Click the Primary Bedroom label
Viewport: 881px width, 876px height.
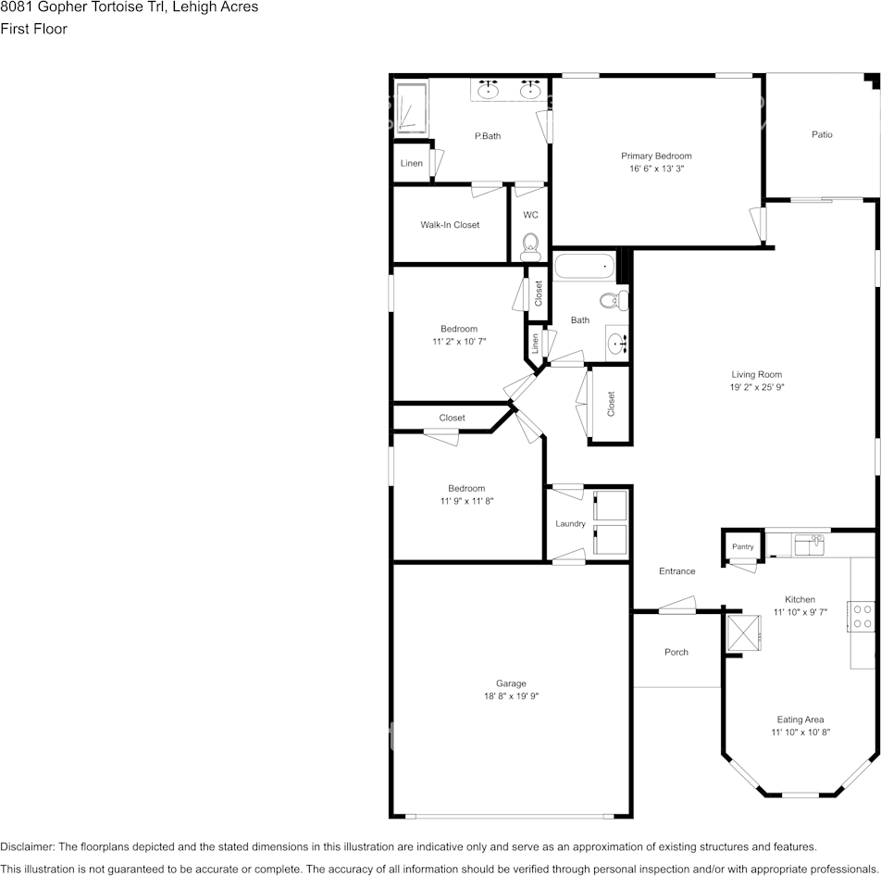656,156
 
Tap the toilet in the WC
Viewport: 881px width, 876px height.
530,247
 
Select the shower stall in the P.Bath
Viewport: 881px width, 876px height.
411,109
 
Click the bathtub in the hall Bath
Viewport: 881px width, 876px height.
584,266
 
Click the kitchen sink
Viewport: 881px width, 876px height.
809,544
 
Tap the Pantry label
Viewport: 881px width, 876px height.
743,546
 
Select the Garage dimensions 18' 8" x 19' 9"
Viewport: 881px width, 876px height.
511,696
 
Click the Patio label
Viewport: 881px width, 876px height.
822,134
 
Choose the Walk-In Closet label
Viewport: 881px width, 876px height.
450,225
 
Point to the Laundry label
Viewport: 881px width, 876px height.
570,524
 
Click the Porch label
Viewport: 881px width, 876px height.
676,652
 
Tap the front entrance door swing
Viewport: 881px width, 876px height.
677,605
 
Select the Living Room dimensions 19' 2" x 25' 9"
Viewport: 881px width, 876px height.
757,387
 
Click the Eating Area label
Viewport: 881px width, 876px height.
800,720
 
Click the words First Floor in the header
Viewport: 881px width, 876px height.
33,29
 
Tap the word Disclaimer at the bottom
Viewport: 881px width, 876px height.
27,846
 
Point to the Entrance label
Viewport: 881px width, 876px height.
677,571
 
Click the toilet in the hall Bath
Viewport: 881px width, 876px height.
614,301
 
